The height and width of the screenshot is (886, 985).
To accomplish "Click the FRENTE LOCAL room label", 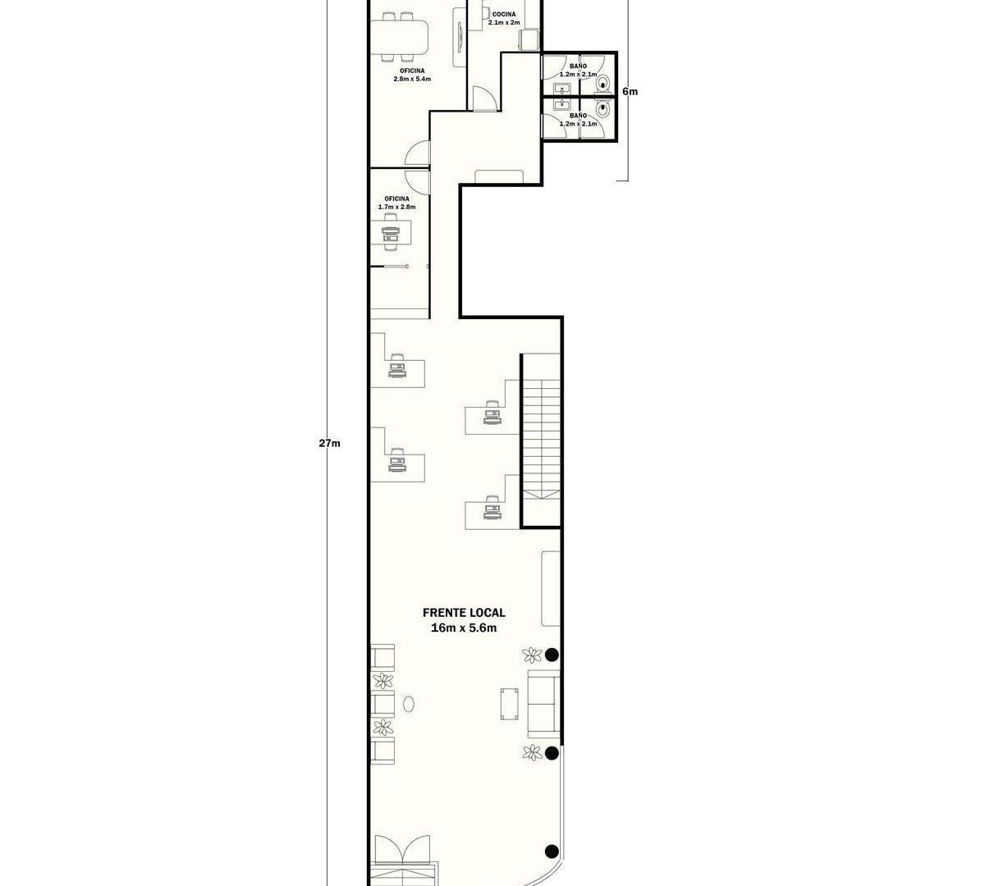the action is pyautogui.click(x=464, y=613).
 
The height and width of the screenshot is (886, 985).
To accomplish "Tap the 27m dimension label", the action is pyautogui.click(x=329, y=443).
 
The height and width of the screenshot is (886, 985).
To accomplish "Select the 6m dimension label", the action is pyautogui.click(x=630, y=91).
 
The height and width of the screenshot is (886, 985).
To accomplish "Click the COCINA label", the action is pyautogui.click(x=504, y=15).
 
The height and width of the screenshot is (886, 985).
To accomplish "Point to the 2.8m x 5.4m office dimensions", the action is pyautogui.click(x=412, y=79).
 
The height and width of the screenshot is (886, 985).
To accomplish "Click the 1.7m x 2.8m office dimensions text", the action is pyautogui.click(x=396, y=207).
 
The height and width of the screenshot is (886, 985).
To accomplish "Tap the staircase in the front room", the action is pyautogui.click(x=541, y=441).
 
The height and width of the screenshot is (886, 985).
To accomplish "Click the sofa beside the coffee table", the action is pyautogui.click(x=543, y=704).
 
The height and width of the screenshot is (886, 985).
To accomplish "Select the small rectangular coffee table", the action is pyautogui.click(x=509, y=704).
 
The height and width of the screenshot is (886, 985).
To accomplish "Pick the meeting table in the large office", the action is pyautogui.click(x=399, y=37).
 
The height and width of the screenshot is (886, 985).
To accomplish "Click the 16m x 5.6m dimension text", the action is pyautogui.click(x=464, y=628).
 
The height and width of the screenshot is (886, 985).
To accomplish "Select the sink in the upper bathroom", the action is pyautogui.click(x=561, y=89).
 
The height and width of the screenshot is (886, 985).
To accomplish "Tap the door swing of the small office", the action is pyautogui.click(x=417, y=181).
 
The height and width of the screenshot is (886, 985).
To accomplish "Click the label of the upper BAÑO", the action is pyautogui.click(x=578, y=66).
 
